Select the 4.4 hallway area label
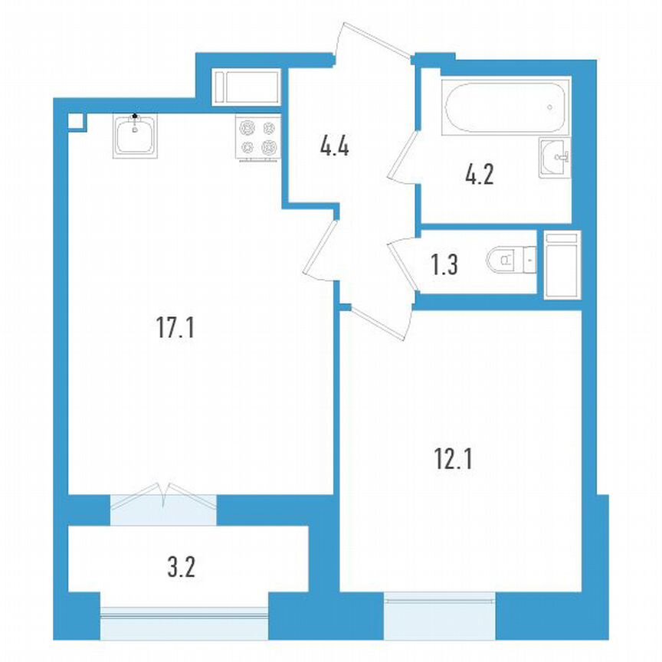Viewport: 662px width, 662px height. click(x=335, y=145)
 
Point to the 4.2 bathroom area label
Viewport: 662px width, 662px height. click(x=478, y=175)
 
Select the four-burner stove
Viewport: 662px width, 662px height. click(x=257, y=138)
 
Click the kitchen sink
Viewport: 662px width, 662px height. click(x=135, y=136)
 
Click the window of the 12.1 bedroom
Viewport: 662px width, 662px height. click(x=440, y=615)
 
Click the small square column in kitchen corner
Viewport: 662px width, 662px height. click(x=75, y=121)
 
